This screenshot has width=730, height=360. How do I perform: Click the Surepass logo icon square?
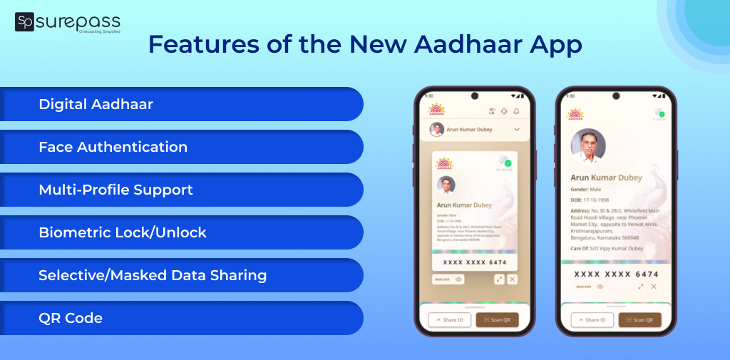pyautogui.click(x=24, y=22)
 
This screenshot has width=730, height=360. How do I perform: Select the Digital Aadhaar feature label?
pyautogui.click(x=96, y=105)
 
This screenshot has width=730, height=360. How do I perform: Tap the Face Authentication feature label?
pyautogui.click(x=113, y=148)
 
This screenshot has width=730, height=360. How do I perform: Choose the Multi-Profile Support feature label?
pyautogui.click(x=115, y=190)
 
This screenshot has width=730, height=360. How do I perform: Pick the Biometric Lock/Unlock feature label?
pyautogui.click(x=122, y=233)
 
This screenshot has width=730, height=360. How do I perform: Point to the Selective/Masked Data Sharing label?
pyautogui.click(x=153, y=276)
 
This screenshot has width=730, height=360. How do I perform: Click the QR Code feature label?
pyautogui.click(x=71, y=319)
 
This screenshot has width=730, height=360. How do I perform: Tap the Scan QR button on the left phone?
pyautogui.click(x=498, y=320)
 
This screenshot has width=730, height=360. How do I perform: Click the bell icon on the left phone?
pyautogui.click(x=516, y=111)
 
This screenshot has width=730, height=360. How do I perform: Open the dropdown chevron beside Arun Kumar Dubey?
pyautogui.click(x=517, y=130)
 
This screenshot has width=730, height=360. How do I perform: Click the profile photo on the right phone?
pyautogui.click(x=588, y=146)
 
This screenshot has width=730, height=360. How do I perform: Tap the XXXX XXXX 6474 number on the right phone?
pyautogui.click(x=617, y=274)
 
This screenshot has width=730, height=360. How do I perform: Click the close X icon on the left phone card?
pyautogui.click(x=512, y=280)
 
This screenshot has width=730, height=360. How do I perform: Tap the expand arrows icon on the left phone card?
pyautogui.click(x=498, y=280)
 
